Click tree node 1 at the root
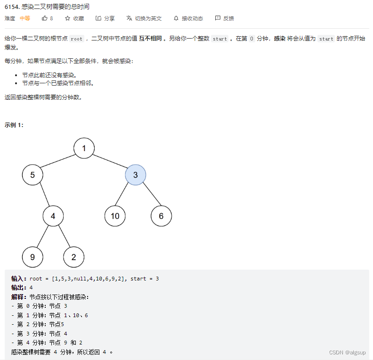84,149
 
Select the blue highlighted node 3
136,175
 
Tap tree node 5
32,175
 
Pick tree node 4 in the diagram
53,216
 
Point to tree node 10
115,216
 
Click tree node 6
161,216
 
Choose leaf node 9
32,257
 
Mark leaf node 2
74,257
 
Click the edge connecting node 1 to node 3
110,162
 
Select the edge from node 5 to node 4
43,196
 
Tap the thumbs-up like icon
45,18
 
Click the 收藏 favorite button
74,18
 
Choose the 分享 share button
105,18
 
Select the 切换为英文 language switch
144,18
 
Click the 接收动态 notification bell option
188,18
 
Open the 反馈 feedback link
224,18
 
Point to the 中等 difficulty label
25,18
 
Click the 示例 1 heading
14,125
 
